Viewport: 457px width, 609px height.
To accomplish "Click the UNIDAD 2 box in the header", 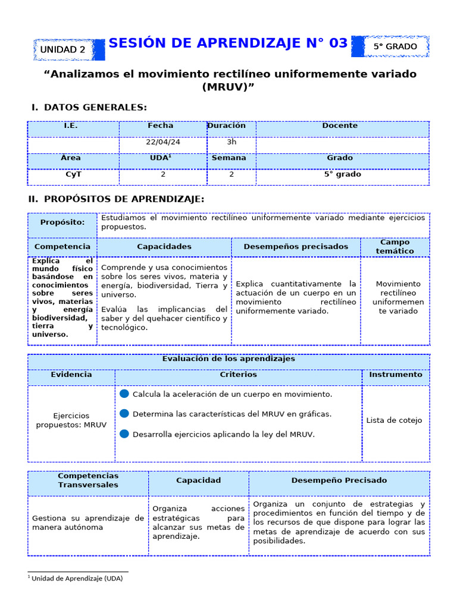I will [x=62, y=50].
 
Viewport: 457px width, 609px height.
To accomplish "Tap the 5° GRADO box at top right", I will [x=395, y=46].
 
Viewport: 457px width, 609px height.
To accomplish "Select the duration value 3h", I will [x=231, y=142].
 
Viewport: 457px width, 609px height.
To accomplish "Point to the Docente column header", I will [x=340, y=126].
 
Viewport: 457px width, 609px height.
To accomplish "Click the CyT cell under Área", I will [x=73, y=175].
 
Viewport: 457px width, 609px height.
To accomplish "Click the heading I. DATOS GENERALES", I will [x=89, y=107].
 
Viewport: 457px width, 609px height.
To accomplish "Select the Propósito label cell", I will [x=62, y=222].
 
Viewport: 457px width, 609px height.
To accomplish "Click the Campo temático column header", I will [x=395, y=247].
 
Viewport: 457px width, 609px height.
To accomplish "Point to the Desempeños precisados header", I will [x=296, y=246].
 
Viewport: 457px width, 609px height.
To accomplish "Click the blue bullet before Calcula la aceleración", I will [x=124, y=394].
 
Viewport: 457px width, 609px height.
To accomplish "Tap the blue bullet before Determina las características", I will [x=124, y=413].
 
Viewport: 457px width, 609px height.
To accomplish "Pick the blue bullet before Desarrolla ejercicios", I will [x=124, y=434].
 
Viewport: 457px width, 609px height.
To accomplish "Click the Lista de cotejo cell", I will [x=394, y=420].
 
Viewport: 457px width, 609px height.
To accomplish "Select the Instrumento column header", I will [x=396, y=375].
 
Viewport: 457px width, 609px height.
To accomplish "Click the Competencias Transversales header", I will [x=88, y=481].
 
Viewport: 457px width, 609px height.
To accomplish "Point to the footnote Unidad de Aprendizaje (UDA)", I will [x=77, y=578].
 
